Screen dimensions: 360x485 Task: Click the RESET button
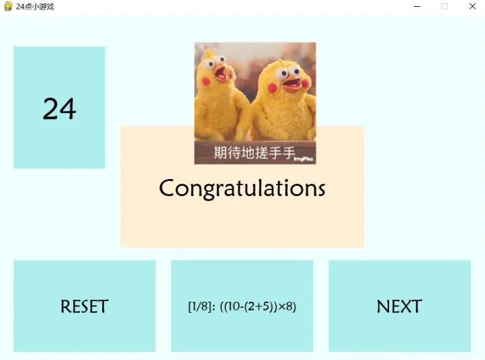point(84,306)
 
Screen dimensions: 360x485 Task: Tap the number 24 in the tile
point(60,108)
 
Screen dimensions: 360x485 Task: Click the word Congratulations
point(242,188)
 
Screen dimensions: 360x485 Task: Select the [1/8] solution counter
point(201,307)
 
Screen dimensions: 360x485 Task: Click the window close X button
point(472,6)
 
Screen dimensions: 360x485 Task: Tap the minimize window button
point(417,6)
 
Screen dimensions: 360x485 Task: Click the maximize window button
point(445,6)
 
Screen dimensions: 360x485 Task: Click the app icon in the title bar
point(8,6)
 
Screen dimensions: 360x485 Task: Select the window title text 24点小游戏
point(35,6)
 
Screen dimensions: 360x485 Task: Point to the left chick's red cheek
point(206,82)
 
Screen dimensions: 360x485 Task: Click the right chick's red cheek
point(273,88)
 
